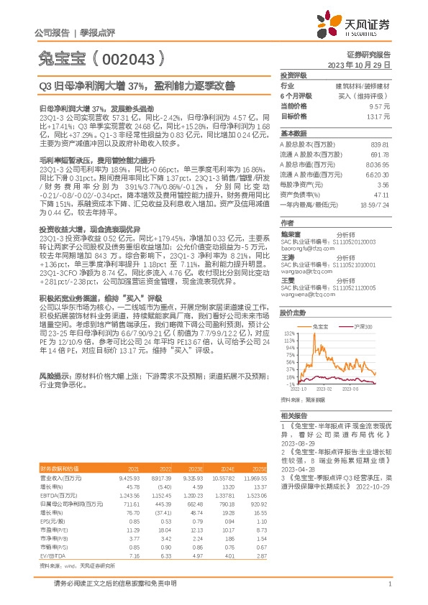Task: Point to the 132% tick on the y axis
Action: (x=288, y=314)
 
